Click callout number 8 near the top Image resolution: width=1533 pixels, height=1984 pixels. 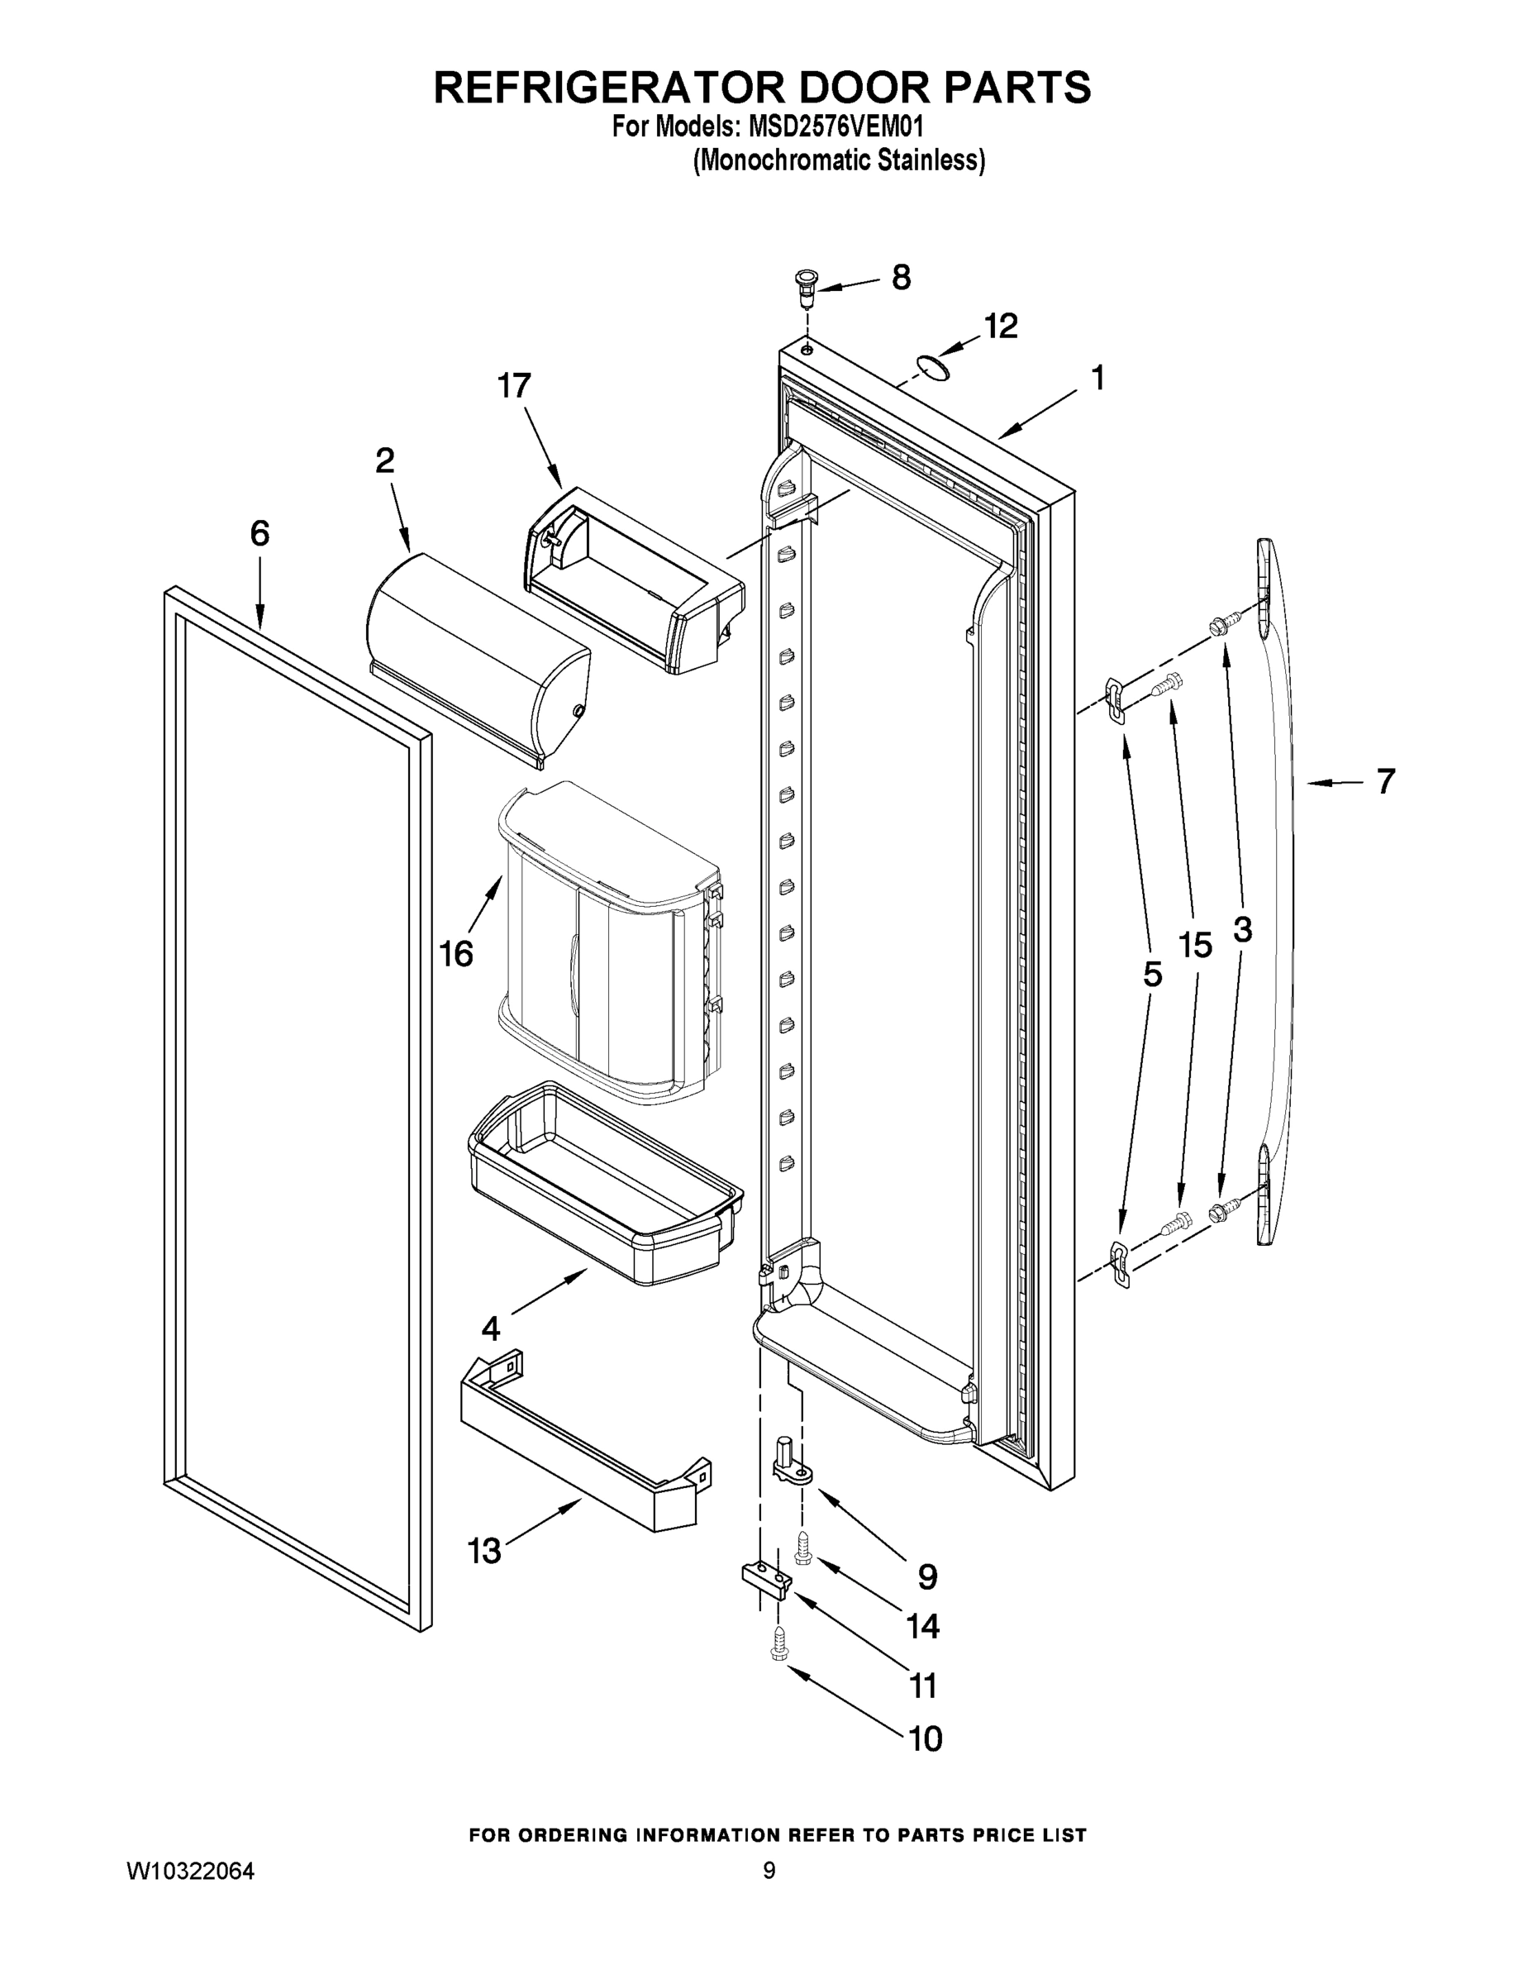point(900,277)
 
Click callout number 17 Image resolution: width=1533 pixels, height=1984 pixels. point(514,386)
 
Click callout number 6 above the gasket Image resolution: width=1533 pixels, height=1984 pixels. point(259,533)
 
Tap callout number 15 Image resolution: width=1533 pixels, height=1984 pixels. point(1195,947)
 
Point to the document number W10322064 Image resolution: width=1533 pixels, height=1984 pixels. point(190,1872)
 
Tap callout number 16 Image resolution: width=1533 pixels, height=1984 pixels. point(456,954)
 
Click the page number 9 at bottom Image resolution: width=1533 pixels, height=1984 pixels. point(769,1871)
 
